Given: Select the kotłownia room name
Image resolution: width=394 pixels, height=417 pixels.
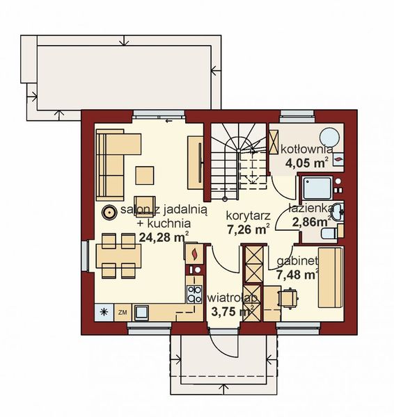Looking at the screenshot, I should pos(306,148).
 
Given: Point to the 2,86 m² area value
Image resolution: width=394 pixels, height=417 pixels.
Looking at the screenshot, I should pos(310,222).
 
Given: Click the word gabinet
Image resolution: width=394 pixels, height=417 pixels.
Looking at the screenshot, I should pos(297,261).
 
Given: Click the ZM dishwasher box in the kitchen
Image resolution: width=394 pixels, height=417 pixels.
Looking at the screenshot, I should pos(122,311).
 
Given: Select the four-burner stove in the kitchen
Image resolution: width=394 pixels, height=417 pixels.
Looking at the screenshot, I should pos(194,293).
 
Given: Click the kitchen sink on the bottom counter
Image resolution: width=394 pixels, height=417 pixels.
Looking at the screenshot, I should pos(142,311).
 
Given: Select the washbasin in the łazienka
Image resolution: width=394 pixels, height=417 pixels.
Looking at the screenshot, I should pos(337,211).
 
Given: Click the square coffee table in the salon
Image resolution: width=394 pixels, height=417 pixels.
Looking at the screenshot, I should pos(145,174).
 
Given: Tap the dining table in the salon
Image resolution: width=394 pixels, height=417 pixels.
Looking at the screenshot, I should pos(115,255).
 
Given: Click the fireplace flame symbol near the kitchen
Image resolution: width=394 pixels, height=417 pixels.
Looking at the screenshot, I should pos(196,253).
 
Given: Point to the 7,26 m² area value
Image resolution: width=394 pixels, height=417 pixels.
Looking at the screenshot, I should pos(248,228).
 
